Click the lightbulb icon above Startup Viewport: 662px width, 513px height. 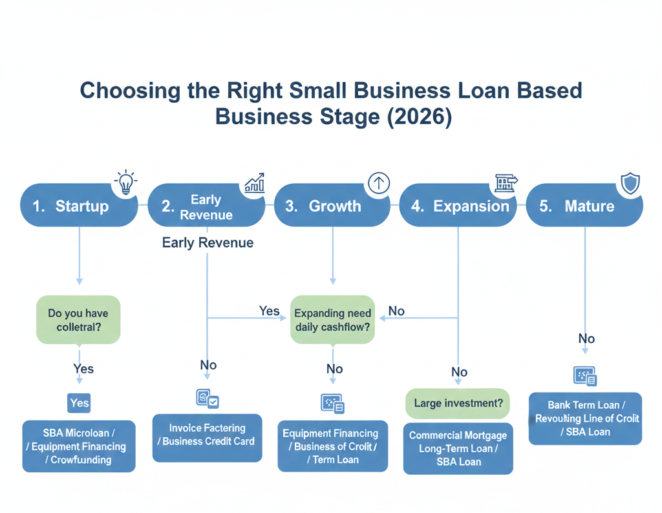(x=125, y=182)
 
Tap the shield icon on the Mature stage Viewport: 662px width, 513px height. (x=629, y=184)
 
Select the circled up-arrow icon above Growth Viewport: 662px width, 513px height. (x=378, y=183)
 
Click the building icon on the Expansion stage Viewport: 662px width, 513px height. (x=505, y=183)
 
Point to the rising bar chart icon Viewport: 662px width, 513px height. (x=253, y=182)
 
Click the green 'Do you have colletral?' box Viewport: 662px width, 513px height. (x=79, y=320)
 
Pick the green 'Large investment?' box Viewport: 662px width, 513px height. (x=458, y=404)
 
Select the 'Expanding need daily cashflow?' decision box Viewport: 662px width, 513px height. (x=333, y=320)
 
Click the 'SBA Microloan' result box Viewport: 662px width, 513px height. (x=79, y=446)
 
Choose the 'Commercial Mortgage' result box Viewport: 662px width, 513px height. (x=458, y=449)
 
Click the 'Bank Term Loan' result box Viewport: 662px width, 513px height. (x=585, y=419)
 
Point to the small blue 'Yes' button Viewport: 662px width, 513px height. (x=79, y=403)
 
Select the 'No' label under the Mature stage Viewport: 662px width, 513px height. (x=586, y=339)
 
